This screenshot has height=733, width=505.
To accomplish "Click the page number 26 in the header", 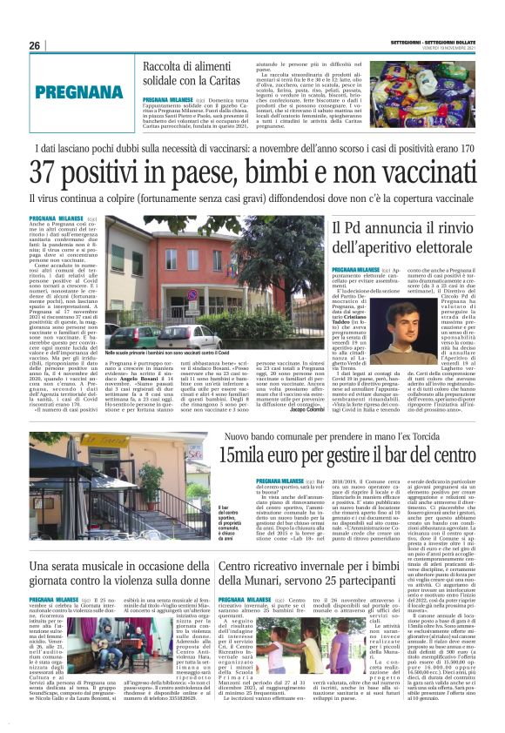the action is pyautogui.click(x=35, y=45).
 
